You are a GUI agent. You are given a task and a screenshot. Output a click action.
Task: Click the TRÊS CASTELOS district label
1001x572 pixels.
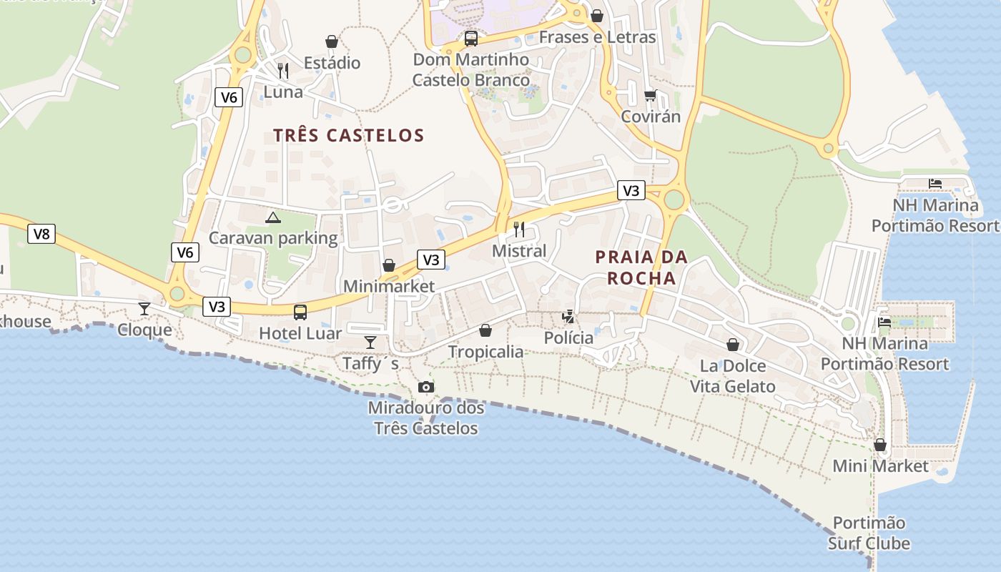(349, 135)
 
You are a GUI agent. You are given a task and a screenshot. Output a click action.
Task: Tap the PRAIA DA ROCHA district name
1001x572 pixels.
(641, 267)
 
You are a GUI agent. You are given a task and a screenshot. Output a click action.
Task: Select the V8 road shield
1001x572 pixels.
(41, 234)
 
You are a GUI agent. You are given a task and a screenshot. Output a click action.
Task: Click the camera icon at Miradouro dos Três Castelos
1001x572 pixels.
(426, 387)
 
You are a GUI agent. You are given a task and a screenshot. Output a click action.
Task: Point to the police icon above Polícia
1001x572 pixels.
(568, 316)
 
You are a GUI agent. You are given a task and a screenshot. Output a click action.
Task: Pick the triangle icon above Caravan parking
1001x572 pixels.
(272, 217)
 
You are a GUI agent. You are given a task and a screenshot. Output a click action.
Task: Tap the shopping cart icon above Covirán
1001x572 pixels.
(650, 95)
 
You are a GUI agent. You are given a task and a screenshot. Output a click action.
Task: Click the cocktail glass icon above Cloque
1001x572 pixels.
(144, 308)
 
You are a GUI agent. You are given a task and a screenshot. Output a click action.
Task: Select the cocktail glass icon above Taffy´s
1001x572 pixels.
(370, 342)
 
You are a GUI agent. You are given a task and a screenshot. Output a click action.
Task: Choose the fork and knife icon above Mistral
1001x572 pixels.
(519, 230)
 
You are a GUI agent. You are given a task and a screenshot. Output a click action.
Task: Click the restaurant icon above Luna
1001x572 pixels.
(283, 70)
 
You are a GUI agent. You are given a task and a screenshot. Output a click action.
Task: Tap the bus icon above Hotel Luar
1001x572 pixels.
(300, 312)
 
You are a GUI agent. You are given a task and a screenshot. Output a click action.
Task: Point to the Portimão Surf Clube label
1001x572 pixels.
(869, 533)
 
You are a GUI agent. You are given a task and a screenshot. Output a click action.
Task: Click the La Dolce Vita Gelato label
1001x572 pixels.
(732, 376)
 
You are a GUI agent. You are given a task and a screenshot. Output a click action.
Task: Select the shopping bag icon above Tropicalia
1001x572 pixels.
(485, 330)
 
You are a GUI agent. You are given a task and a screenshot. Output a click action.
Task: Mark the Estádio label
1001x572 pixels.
(332, 63)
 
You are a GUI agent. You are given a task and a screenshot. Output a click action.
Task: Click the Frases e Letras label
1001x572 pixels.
(597, 37)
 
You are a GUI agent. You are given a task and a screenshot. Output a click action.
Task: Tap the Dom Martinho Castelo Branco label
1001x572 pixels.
(471, 69)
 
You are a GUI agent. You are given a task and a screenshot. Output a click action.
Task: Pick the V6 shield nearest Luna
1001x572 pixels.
(229, 97)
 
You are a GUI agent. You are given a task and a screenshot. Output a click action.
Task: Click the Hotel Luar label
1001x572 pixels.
(300, 333)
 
